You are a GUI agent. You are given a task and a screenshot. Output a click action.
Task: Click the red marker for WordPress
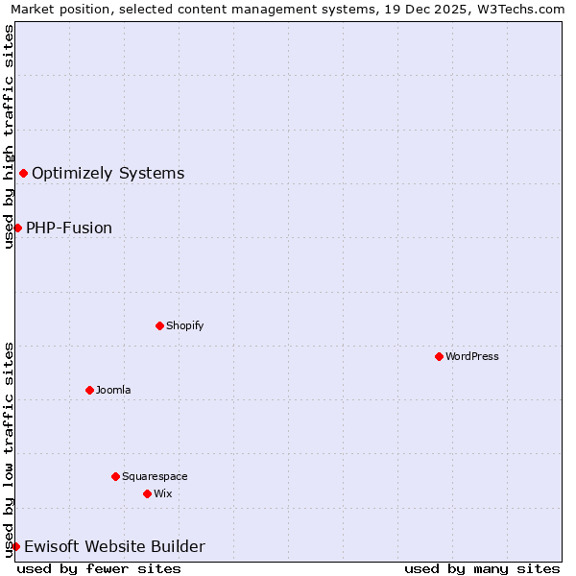coord(439,356)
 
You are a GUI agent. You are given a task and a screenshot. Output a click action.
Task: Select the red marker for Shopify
coord(159,325)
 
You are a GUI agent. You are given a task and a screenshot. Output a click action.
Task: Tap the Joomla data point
coord(89,390)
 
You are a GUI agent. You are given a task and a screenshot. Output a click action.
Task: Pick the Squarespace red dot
coord(115,476)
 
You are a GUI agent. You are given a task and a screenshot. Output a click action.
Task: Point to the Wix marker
coord(147,493)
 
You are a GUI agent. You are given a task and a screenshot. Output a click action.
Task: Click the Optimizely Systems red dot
coord(23,173)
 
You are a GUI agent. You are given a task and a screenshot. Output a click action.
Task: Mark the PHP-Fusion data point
coord(17,228)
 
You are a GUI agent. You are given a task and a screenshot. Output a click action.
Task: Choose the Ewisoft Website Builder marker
coord(15,546)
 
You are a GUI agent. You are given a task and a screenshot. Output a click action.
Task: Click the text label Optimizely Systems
coord(108,174)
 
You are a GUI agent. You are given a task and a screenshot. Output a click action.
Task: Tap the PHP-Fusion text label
coord(69,228)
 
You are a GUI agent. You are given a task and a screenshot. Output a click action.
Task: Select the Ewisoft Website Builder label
coord(114,547)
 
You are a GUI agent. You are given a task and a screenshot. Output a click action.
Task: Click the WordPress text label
coord(471,356)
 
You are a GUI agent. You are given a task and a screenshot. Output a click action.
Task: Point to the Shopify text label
coord(184,325)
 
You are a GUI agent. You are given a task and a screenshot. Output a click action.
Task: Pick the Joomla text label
coord(113,390)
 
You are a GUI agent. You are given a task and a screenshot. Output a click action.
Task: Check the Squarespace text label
coord(155,476)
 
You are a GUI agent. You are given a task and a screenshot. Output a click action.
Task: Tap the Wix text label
coord(162,493)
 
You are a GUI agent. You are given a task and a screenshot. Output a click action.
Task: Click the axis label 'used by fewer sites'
coord(99,568)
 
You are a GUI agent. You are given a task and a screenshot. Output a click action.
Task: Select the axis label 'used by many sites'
coord(482,568)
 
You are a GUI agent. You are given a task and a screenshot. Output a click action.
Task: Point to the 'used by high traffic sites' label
coord(10,136)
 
